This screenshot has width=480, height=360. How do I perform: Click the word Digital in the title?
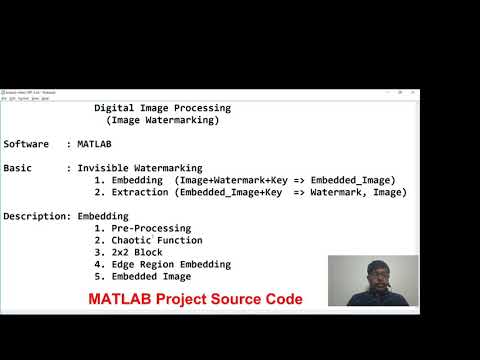(x=115, y=108)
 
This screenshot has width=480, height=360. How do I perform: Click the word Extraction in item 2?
(x=136, y=192)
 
